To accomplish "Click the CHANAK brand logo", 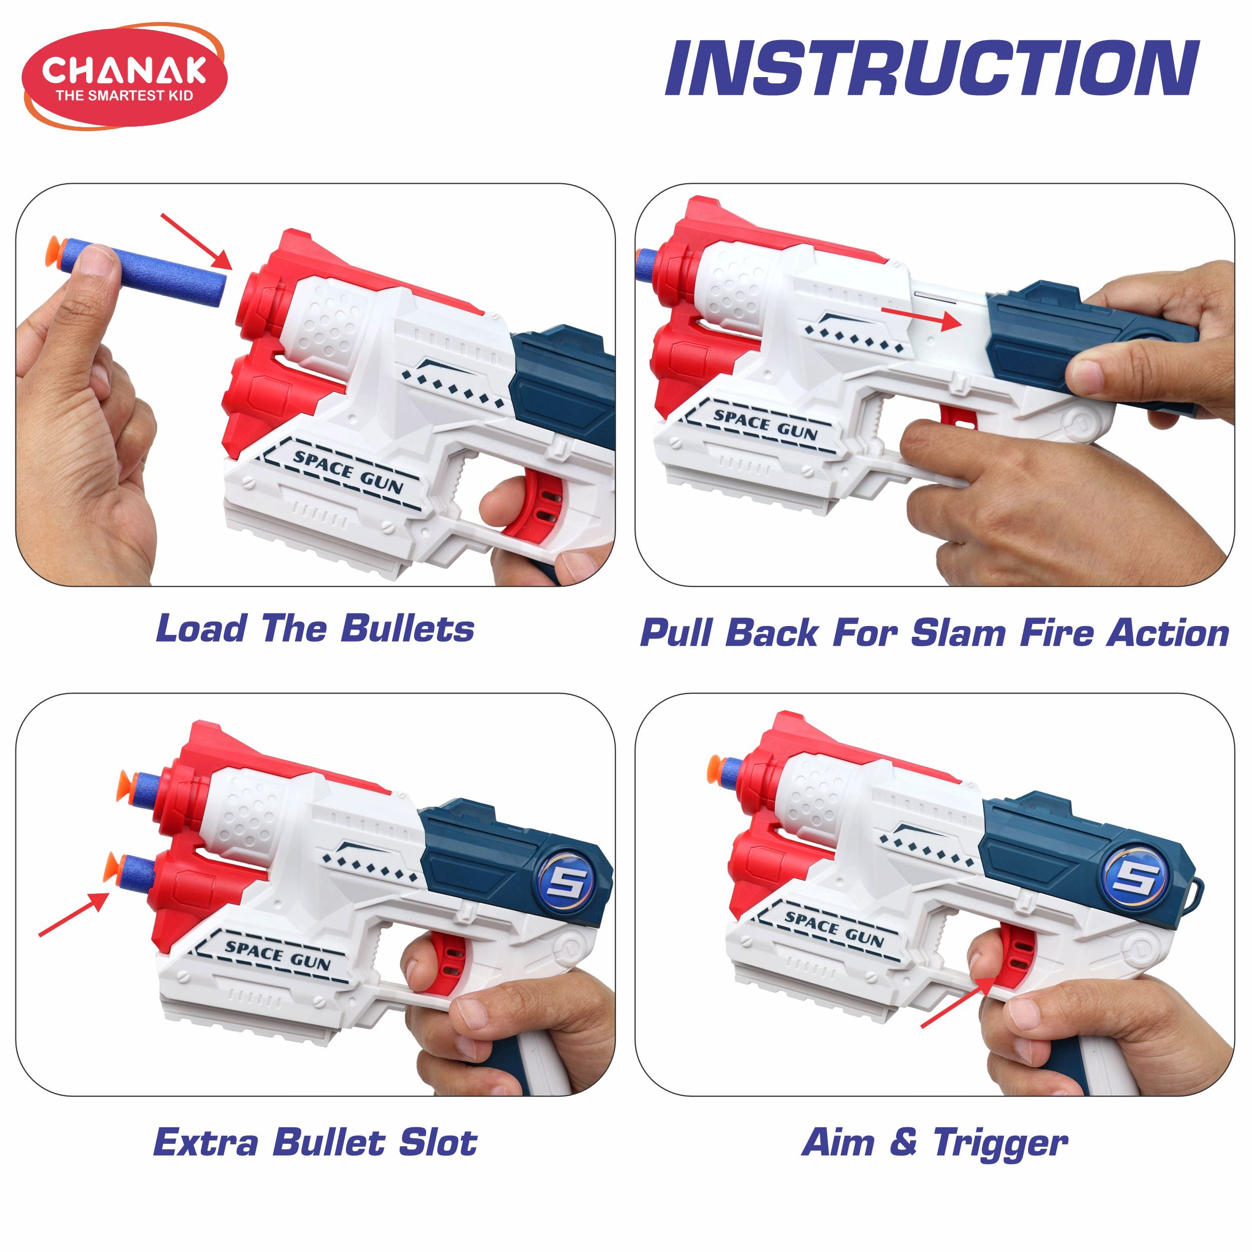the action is [x=124, y=77].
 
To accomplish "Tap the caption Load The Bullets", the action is [x=315, y=629].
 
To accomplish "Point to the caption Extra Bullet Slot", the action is [x=316, y=1142].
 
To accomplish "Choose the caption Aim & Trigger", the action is [x=934, y=1142].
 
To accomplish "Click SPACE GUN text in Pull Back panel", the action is [x=765, y=424].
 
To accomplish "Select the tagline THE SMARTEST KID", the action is [x=124, y=95].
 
